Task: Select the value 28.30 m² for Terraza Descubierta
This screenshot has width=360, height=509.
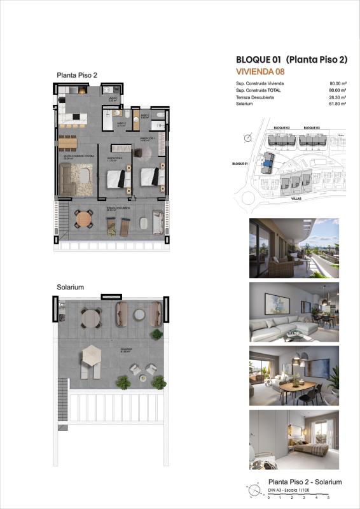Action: pyautogui.click(x=337, y=97)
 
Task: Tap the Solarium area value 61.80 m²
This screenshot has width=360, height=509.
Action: pyautogui.click(x=337, y=103)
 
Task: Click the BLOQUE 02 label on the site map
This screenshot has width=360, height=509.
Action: pyautogui.click(x=282, y=128)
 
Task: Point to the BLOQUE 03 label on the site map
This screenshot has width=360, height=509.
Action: pyautogui.click(x=312, y=128)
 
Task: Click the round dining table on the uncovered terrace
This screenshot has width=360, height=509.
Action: pyautogui.click(x=84, y=220)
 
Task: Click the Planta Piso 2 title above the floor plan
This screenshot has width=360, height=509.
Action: pyautogui.click(x=77, y=75)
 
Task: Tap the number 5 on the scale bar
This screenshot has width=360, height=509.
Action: pyautogui.click(x=329, y=497)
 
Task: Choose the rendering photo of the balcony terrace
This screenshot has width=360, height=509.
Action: pyautogui.click(x=294, y=248)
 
